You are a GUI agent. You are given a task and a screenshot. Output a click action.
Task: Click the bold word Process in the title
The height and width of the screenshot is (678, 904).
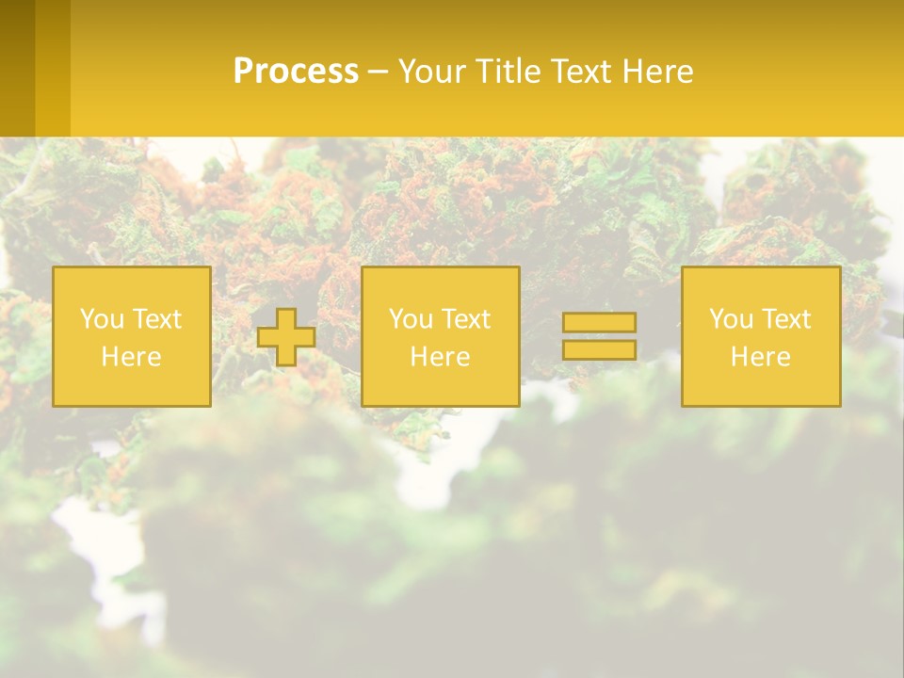click(296, 72)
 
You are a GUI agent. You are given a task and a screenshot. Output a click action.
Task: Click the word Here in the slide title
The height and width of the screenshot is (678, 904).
click(658, 72)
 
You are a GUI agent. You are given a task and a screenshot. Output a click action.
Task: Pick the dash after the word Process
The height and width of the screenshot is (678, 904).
click(378, 73)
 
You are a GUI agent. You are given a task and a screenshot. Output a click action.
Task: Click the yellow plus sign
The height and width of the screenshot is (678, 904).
click(286, 337)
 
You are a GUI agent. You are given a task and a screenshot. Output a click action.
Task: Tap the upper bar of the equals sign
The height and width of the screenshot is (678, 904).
click(599, 322)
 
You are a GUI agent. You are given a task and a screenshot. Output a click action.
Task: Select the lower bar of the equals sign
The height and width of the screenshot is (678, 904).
click(599, 349)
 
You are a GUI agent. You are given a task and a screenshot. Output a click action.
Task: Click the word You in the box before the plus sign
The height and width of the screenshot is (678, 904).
click(101, 319)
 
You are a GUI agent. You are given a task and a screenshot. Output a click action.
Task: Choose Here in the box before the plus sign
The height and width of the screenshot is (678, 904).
click(131, 357)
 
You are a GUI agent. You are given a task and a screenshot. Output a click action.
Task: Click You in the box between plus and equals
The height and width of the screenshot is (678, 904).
click(410, 319)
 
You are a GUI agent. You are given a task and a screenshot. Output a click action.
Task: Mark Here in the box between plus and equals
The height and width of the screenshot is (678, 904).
click(440, 357)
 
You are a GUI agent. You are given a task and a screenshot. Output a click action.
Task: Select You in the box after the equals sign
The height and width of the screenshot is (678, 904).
click(730, 319)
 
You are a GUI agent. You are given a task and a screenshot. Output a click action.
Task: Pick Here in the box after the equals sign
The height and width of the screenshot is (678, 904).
click(760, 357)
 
